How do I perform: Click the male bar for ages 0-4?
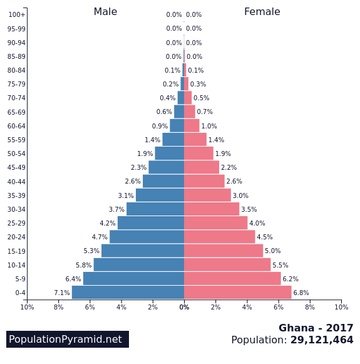pos(128,293)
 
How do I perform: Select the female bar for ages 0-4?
pos(238,293)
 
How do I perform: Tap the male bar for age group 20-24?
pos(147,237)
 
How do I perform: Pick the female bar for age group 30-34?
pos(212,209)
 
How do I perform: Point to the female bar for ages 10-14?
pos(227,265)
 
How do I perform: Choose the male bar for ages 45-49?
pos(166,167)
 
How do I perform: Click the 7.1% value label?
pos(61,293)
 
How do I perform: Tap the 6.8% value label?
pos(301,293)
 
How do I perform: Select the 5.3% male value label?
pos(91,251)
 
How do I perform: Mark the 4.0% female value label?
pos(257,223)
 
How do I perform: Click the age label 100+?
pos(17,15)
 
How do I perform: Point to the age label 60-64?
pos(16,126)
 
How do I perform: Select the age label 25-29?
pos(16,223)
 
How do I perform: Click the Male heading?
pos(105,12)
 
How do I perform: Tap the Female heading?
pos(262,12)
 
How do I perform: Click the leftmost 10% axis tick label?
pos(27,307)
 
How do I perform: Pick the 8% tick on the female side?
pos(310,307)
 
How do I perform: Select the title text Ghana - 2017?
pos(316,328)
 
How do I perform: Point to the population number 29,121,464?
pos(322,340)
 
